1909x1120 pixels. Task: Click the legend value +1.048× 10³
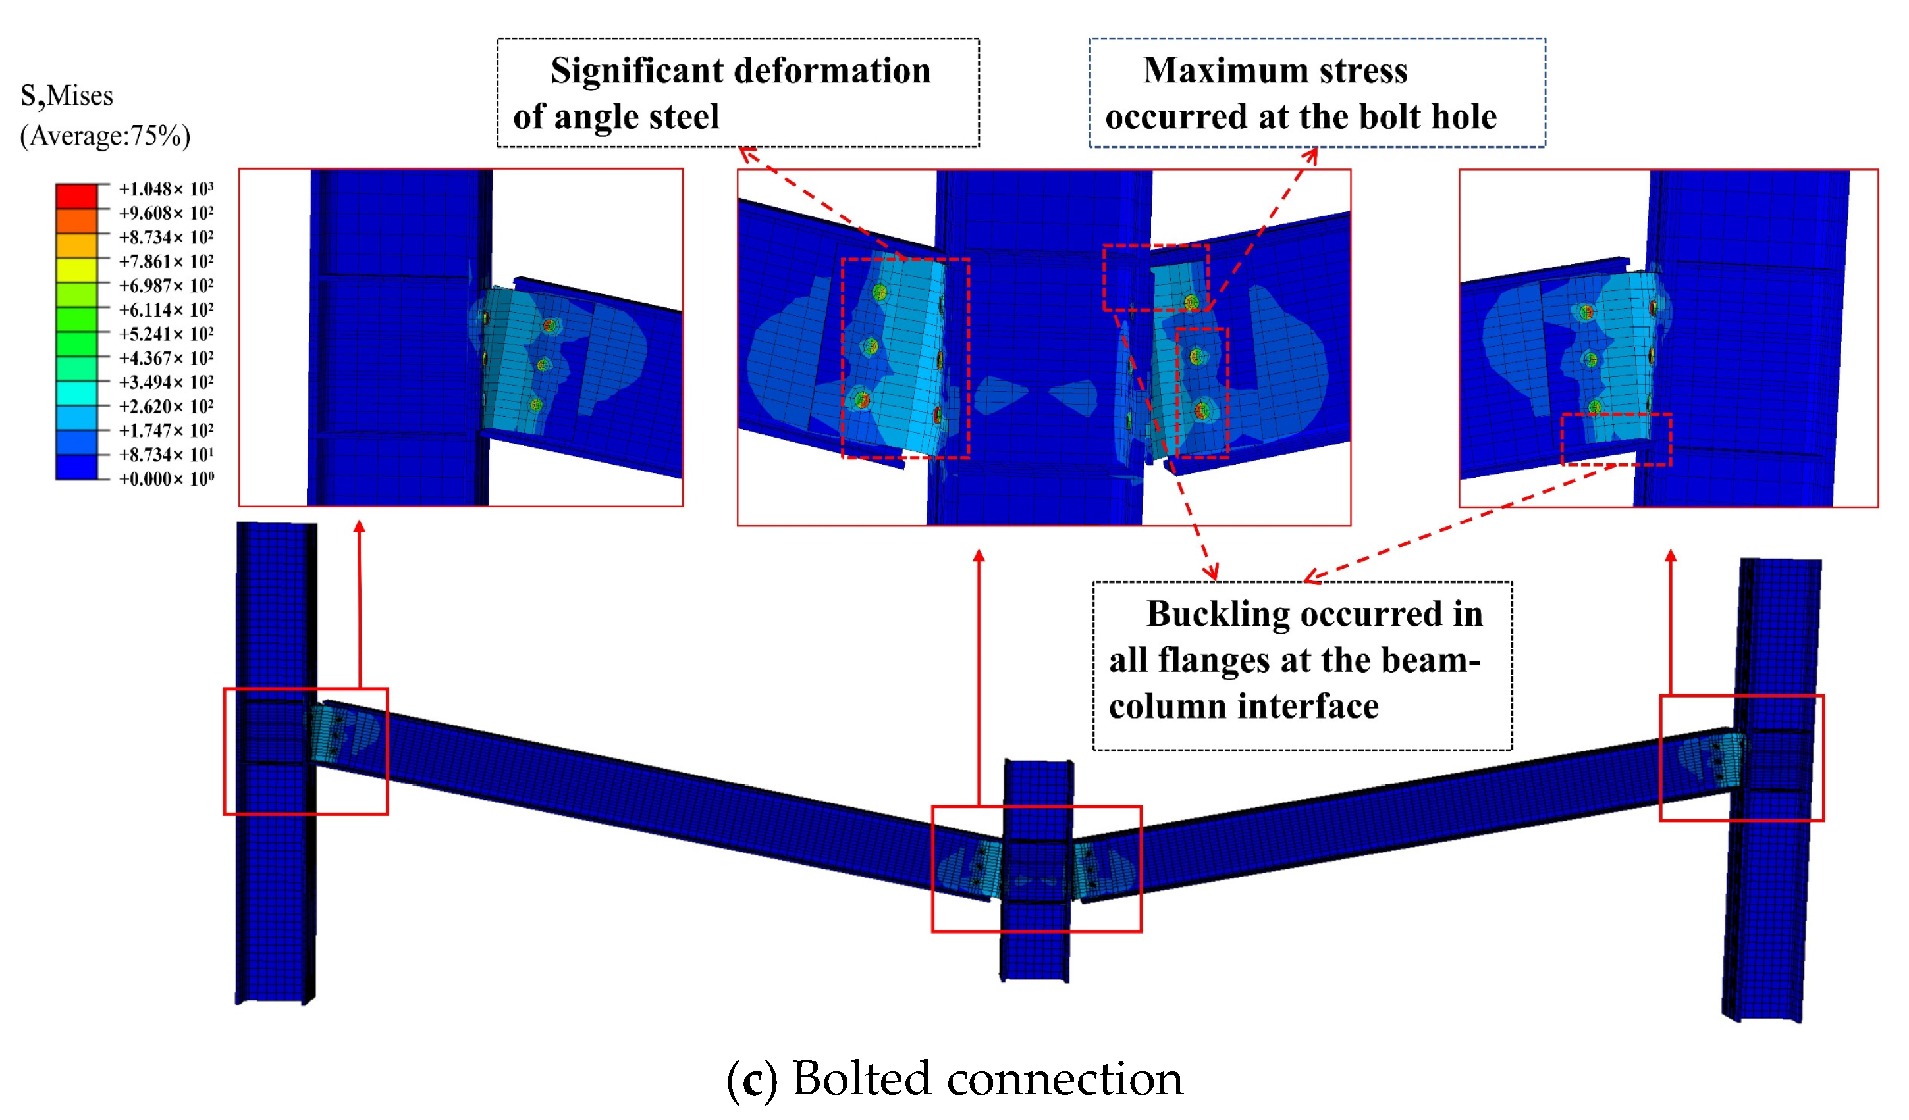[166, 189]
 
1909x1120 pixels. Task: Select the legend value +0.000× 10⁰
[166, 478]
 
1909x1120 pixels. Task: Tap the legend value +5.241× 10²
[166, 334]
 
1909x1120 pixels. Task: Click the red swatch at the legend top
[76, 195]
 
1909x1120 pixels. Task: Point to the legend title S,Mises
[67, 96]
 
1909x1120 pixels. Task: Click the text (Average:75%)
[105, 136]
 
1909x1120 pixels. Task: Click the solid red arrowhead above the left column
[359, 526]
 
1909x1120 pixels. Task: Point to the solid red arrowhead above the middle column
[979, 556]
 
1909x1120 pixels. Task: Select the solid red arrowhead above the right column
[1671, 556]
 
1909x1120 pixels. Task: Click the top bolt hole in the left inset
[550, 326]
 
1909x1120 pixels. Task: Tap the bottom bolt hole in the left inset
[536, 405]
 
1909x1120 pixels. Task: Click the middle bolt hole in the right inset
[1590, 360]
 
